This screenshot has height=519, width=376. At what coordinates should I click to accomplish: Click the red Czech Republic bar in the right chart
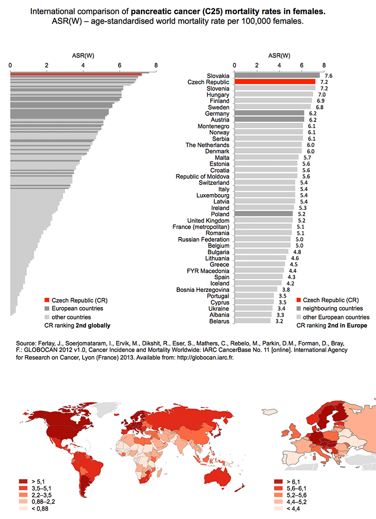275,82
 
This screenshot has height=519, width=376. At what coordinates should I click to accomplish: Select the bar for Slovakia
277,76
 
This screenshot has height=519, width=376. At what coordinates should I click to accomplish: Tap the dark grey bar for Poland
264,214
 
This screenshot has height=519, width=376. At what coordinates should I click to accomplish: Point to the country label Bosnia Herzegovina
203,289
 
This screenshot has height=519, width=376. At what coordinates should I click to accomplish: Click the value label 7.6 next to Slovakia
328,76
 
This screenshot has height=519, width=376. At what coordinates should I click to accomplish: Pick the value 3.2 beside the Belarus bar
279,321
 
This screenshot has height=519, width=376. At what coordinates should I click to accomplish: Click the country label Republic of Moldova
202,177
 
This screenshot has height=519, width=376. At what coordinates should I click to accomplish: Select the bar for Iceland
258,283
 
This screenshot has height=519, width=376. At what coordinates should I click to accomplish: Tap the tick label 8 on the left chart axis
156,65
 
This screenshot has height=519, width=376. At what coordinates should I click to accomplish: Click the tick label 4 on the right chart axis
279,65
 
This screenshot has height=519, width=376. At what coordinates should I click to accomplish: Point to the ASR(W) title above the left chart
83,55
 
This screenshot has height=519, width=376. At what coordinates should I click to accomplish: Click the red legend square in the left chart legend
47,300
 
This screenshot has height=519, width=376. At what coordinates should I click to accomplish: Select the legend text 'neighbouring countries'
333,309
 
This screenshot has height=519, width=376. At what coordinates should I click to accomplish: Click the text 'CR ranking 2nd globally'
77,325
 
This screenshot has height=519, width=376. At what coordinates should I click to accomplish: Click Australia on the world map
219,477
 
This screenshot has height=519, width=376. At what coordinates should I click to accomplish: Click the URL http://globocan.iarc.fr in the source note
205,358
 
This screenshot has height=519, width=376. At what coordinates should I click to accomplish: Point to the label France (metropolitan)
201,227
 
